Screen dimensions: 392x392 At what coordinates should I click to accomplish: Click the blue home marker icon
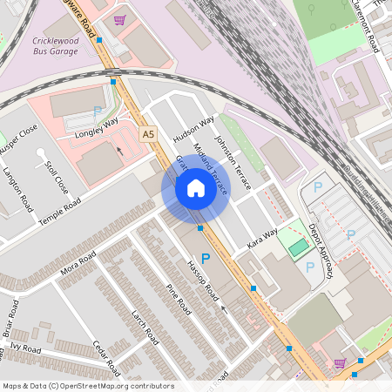[x=196, y=188]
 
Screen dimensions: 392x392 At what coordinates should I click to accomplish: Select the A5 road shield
[x=148, y=134]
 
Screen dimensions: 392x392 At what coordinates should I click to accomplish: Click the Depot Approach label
[x=321, y=250]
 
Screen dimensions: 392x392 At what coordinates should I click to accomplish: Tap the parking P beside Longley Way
[x=97, y=112]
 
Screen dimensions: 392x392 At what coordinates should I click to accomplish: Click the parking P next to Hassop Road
[x=206, y=259]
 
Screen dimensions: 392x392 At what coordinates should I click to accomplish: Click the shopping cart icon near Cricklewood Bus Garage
[x=119, y=19]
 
